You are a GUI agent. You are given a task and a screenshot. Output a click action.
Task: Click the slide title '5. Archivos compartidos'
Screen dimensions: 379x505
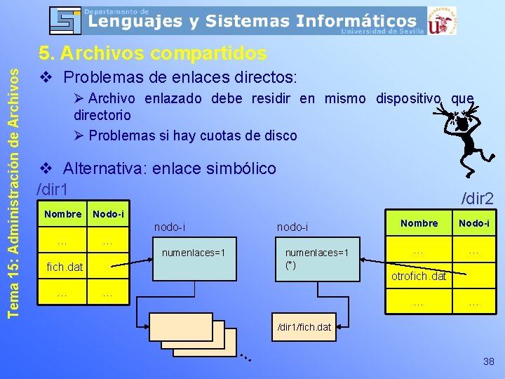pyautogui.click(x=153, y=53)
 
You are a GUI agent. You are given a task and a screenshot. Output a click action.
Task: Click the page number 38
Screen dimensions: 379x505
pyautogui.click(x=488, y=361)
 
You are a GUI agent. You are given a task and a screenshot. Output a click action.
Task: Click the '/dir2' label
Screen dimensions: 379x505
pyautogui.click(x=477, y=199)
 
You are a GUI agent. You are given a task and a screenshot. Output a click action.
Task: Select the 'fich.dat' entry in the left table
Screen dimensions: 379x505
pyautogui.click(x=65, y=267)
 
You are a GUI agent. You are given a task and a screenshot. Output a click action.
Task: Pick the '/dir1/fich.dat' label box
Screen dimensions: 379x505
pyautogui.click(x=304, y=327)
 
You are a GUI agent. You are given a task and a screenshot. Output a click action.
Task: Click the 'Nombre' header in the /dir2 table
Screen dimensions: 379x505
pyautogui.click(x=419, y=223)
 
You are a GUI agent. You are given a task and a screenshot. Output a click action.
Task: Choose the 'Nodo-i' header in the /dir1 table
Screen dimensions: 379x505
pyautogui.click(x=109, y=213)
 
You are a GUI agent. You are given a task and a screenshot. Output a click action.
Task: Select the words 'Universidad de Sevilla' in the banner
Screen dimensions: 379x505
pyautogui.click(x=382, y=31)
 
